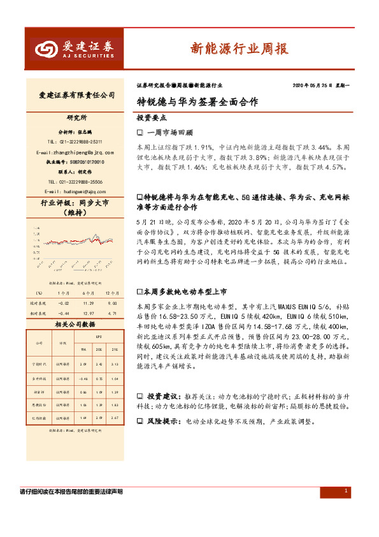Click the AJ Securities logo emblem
(45, 48)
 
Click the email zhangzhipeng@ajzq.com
(76, 152)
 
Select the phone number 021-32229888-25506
(77, 181)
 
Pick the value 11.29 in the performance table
(89, 303)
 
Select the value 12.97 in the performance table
(89, 313)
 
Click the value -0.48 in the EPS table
(81, 379)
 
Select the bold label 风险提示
(163, 422)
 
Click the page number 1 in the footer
(345, 491)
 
